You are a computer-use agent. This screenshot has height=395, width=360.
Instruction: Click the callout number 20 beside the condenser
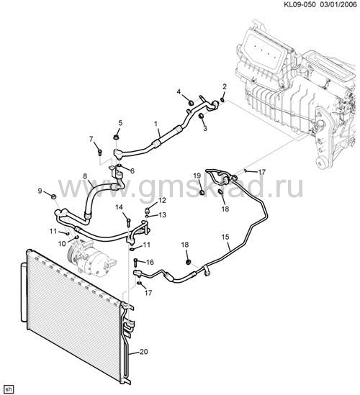click(x=144, y=351)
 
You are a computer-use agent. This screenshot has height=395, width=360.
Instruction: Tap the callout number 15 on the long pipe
click(x=225, y=237)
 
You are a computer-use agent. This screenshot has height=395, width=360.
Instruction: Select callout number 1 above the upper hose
click(x=156, y=124)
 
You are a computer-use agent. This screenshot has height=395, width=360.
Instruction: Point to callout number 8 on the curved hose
click(x=85, y=176)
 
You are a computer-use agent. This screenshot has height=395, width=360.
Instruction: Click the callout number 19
click(x=197, y=176)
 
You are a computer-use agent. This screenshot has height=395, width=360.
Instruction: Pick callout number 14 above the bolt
click(x=120, y=207)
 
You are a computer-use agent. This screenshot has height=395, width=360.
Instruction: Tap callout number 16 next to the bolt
click(x=150, y=262)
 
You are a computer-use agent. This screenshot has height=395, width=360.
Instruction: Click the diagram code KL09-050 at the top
click(x=300, y=4)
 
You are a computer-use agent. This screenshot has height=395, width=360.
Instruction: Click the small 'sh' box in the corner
click(x=7, y=389)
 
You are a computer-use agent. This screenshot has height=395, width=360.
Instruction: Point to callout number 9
click(x=40, y=191)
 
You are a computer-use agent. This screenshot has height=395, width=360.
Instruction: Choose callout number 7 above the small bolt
click(x=91, y=139)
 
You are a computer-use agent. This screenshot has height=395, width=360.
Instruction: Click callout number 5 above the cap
click(x=120, y=123)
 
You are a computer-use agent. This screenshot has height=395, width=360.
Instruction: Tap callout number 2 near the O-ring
click(x=225, y=86)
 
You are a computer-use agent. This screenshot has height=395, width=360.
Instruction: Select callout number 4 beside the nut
click(x=179, y=91)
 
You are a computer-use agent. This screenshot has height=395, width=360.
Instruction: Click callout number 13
click(x=163, y=215)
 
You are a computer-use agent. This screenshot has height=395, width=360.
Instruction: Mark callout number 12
click(x=162, y=200)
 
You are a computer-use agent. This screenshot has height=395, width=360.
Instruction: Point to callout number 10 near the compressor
click(x=62, y=243)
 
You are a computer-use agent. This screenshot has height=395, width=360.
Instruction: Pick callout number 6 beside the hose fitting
click(x=132, y=171)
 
